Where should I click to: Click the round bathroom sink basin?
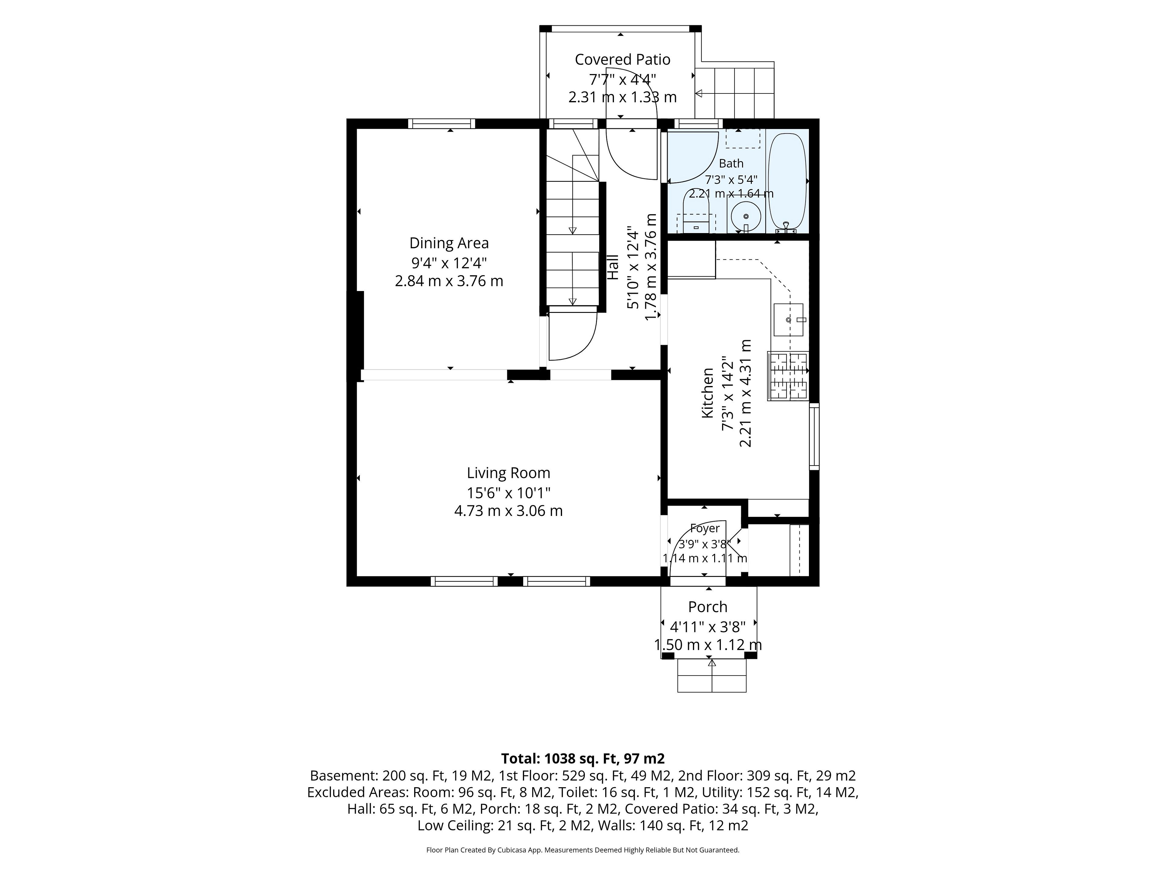coord(745,216)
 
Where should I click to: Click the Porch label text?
coord(707,607)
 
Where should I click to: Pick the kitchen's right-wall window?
coord(814,436)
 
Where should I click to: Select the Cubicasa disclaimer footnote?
coord(582,850)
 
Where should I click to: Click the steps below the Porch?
coord(712,676)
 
